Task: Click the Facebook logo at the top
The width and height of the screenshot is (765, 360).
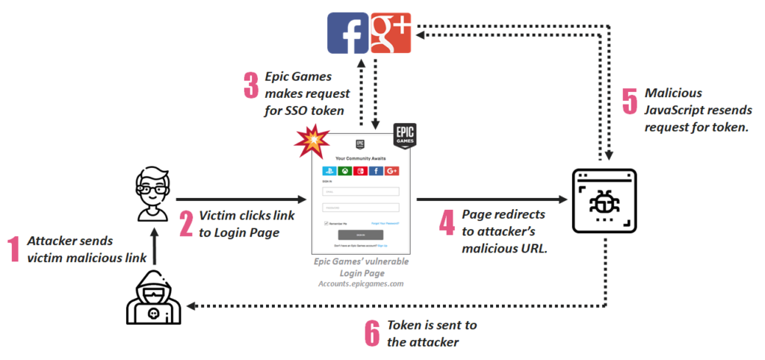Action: tap(347, 33)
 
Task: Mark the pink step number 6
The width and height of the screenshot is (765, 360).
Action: tap(372, 333)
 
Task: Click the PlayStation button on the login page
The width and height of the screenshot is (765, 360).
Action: tap(329, 171)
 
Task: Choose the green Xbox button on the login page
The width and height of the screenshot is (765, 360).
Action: tap(346, 171)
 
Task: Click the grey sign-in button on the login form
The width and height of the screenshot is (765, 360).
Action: tap(361, 234)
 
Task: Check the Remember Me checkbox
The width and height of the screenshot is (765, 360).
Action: tap(326, 223)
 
